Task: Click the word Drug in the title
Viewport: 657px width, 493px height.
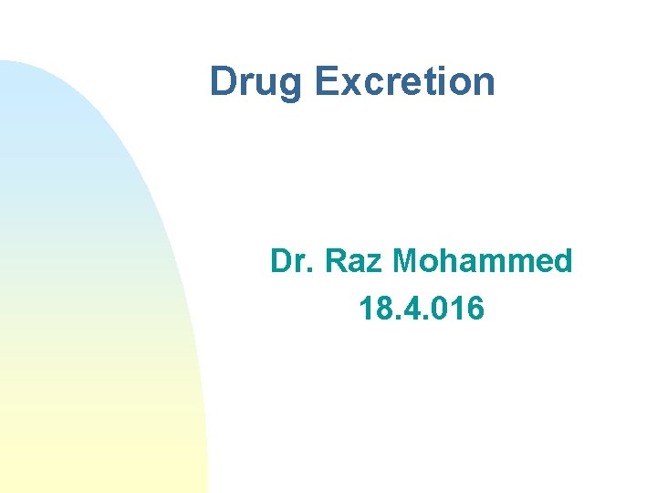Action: point(258,81)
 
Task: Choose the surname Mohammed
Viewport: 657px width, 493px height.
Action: point(482,262)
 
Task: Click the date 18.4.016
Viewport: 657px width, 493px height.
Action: point(422,309)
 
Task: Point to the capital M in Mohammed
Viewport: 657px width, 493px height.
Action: point(406,262)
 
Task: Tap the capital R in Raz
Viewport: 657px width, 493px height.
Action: point(335,262)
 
